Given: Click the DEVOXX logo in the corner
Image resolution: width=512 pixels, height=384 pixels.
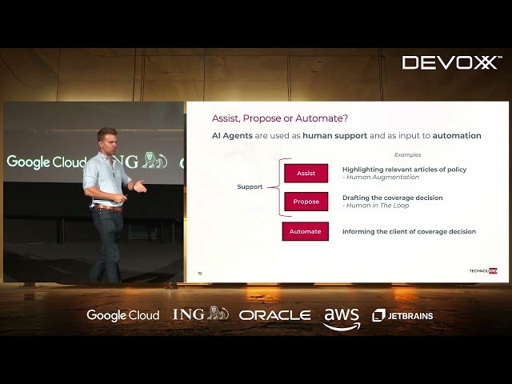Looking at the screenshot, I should (451, 62).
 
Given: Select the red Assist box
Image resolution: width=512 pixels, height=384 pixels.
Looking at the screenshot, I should (306, 173).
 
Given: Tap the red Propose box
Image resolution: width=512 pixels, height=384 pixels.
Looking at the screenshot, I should (306, 202).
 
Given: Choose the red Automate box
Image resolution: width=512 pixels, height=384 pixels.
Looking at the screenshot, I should (305, 231).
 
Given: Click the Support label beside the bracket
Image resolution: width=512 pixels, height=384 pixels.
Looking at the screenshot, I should (250, 187).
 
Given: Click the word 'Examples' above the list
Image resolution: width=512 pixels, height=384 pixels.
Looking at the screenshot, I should (407, 154).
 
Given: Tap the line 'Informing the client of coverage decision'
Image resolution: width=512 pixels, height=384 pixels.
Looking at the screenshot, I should (409, 231).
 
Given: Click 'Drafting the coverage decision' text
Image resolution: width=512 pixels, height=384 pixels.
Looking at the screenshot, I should (392, 198).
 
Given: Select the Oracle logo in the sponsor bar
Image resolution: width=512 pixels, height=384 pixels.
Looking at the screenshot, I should (274, 315).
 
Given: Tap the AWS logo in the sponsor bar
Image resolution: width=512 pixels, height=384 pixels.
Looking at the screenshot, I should (342, 318).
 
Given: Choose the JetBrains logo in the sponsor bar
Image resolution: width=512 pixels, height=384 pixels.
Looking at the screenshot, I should (402, 315).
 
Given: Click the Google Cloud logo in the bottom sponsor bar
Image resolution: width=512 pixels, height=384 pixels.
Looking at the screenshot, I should (122, 315).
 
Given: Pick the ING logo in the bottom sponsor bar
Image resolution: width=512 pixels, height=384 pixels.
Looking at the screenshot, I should (200, 314).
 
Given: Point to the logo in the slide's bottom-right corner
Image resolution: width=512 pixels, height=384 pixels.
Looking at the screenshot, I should (482, 271).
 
